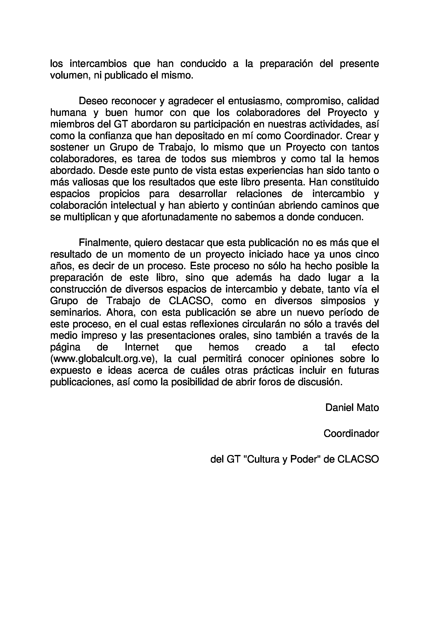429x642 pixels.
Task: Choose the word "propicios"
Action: (119, 194)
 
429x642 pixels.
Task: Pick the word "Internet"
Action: (142, 347)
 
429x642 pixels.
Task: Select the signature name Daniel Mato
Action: (352, 408)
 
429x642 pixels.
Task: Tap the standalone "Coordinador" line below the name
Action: (351, 433)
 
